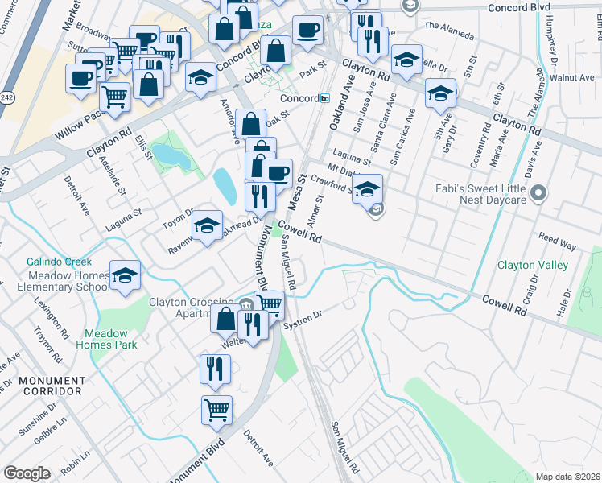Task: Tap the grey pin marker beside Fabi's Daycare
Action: tap(539, 193)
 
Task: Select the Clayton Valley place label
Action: tap(532, 265)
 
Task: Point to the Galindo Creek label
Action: tap(59, 262)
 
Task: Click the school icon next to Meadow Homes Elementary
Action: tap(125, 276)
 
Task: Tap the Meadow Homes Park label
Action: tap(106, 339)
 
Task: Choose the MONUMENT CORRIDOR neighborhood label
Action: tap(40, 385)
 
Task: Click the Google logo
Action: tap(27, 473)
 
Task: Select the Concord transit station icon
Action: tap(324, 98)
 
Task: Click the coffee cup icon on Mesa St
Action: tap(278, 172)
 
